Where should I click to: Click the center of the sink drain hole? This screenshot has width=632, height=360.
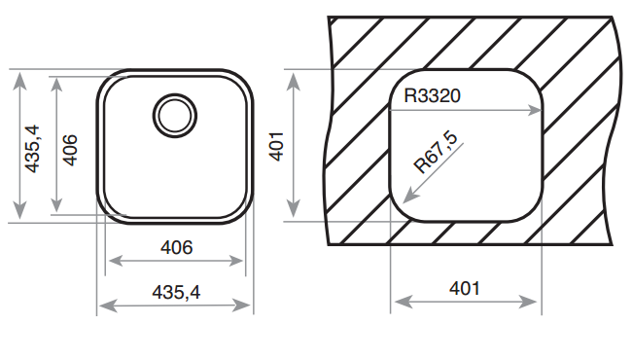coord(175,116)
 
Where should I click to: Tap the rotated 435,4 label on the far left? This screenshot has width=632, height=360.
coord(32,149)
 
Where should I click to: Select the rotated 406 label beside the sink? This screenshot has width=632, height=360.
coord(70,150)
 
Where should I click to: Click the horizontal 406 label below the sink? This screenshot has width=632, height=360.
coord(177,247)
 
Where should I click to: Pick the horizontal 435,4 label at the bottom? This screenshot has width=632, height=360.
coord(176,292)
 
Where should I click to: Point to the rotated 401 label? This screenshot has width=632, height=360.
coord(276,146)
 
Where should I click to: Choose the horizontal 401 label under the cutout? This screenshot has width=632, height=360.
coord(465,288)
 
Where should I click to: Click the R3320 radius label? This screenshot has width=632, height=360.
coord(432,96)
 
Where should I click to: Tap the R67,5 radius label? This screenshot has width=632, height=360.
coord(437,153)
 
